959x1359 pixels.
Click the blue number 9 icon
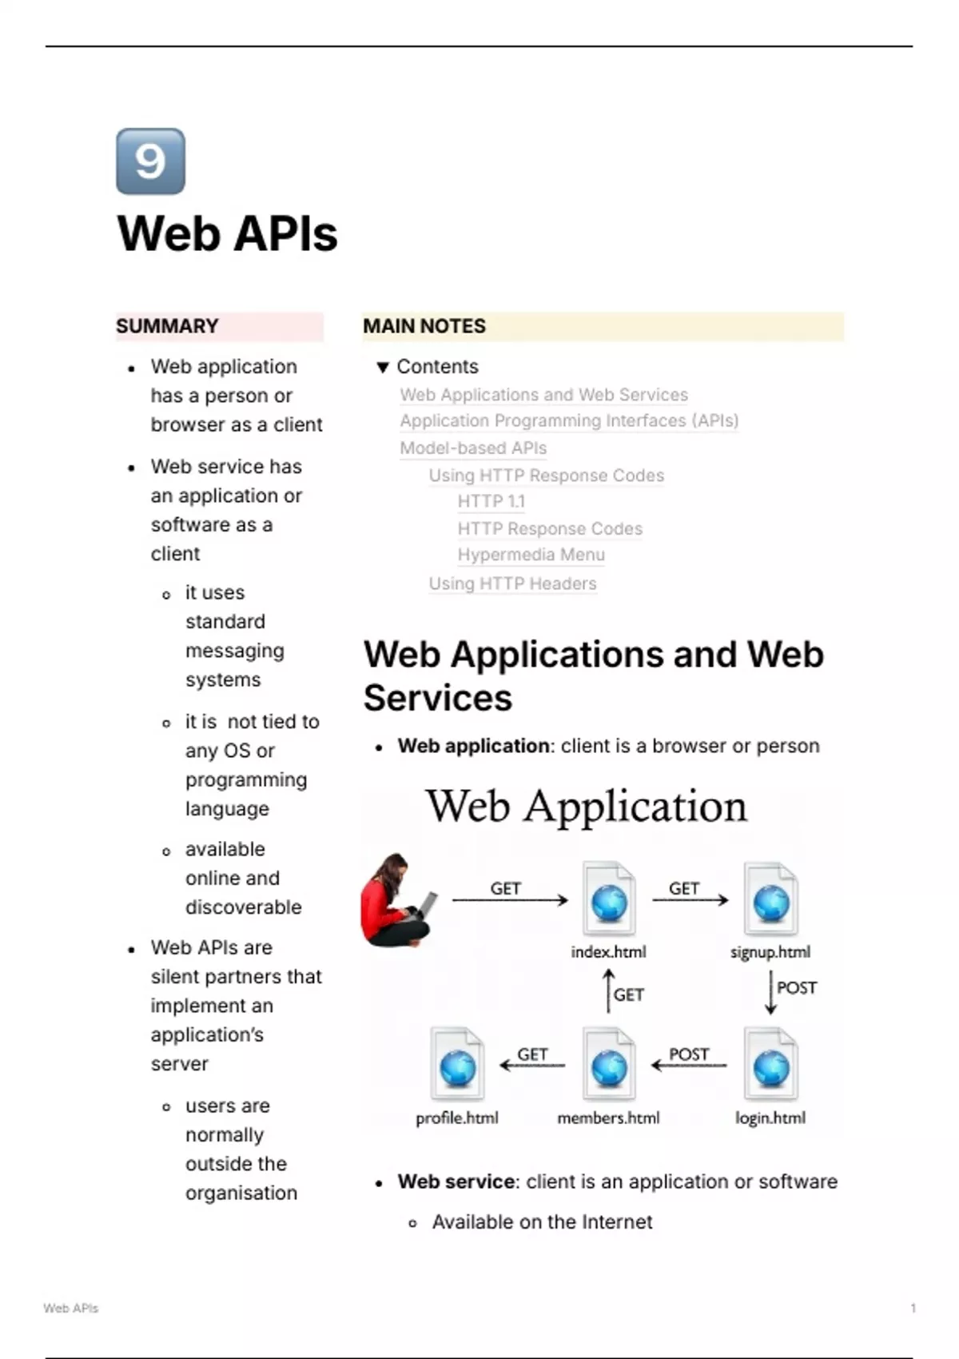point(150,161)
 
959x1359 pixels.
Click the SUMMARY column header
point(167,326)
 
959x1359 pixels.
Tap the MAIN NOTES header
point(424,326)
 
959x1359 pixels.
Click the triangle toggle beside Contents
point(383,367)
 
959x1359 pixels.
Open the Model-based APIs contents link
point(473,448)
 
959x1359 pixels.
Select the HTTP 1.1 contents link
point(491,501)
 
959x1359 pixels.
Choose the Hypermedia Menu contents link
point(531,555)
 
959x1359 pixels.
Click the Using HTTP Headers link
point(512,584)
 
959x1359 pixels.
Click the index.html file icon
point(609,899)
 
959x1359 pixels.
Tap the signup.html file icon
point(770,899)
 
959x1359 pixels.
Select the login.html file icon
point(770,1065)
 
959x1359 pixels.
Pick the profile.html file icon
point(457,1065)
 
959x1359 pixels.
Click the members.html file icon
point(609,1065)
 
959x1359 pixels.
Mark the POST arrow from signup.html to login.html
point(770,992)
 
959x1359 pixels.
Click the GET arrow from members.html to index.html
point(609,991)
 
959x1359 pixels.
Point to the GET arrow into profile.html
point(531,1065)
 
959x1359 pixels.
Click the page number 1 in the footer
point(913,1309)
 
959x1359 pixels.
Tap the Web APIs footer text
point(71,1309)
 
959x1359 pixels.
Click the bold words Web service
point(456,1182)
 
